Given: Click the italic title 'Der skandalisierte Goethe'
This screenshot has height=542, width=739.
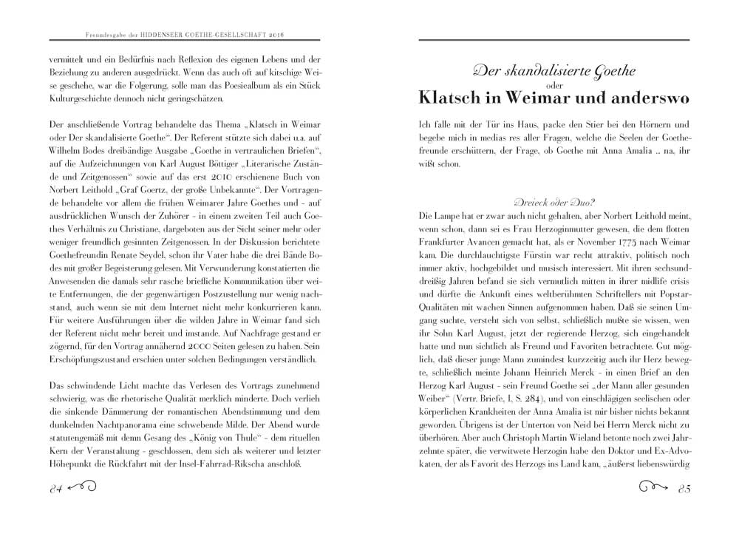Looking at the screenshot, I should [556, 72].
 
